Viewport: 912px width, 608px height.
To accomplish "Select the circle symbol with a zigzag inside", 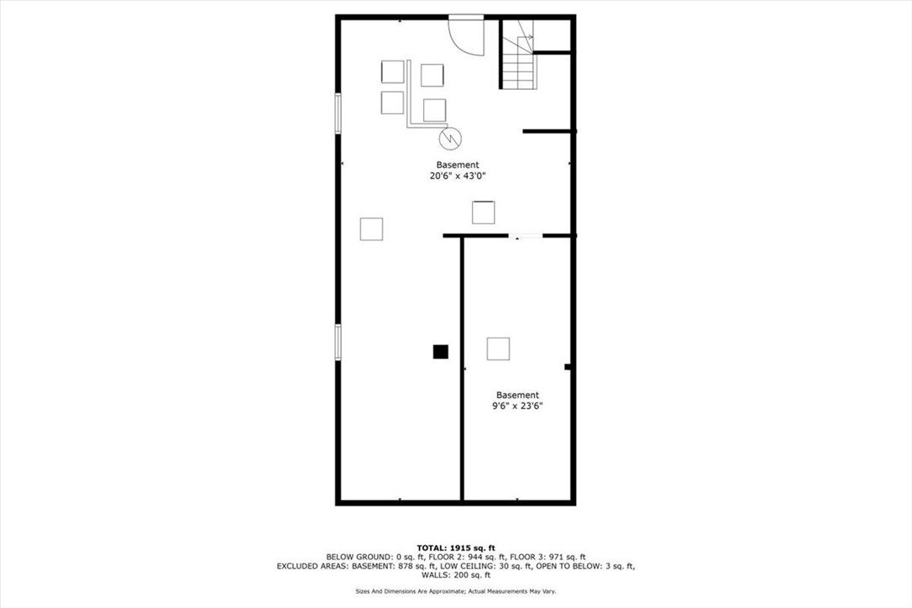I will [450, 136].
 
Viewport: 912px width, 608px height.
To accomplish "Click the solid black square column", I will [440, 352].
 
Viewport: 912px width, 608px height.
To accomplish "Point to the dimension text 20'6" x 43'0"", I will [458, 176].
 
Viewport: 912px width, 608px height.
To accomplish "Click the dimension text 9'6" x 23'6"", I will [517, 406].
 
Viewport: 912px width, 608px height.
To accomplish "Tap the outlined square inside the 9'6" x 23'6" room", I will [498, 349].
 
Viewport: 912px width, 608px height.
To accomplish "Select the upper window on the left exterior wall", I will [338, 113].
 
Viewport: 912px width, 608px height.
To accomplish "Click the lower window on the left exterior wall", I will [338, 343].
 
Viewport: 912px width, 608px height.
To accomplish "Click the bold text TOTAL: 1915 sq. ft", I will [456, 548].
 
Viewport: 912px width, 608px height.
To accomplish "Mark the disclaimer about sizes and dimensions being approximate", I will [456, 591].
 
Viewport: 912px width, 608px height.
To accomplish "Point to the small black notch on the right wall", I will [569, 367].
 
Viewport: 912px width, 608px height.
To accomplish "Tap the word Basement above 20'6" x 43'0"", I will [458, 165].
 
